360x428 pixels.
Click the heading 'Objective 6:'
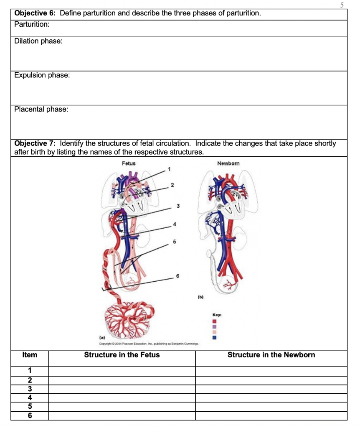click(35, 13)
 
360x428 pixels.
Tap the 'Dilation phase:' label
click(38, 41)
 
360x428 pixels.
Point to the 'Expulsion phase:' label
click(42, 75)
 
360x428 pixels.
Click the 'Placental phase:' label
click(41, 109)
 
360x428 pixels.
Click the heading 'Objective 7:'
click(35, 143)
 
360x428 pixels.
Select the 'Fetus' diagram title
click(129, 163)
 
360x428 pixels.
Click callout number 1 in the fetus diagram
click(169, 169)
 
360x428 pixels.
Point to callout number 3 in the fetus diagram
click(178, 206)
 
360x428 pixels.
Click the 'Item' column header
click(30, 355)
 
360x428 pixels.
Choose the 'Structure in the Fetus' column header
click(122, 355)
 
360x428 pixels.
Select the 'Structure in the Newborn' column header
click(271, 355)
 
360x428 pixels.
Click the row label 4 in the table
click(30, 397)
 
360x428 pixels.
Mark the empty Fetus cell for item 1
click(122, 371)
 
